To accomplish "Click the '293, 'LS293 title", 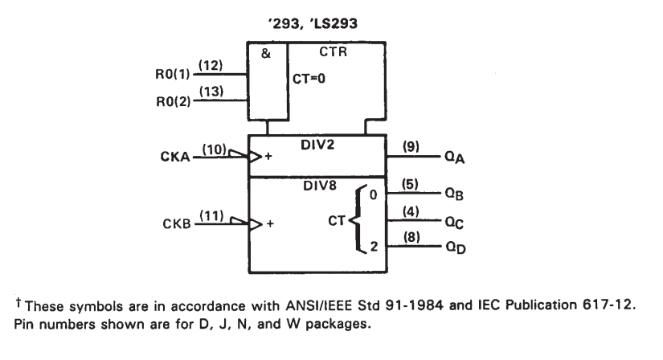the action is point(313,23).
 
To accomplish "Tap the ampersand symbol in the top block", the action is point(265,53).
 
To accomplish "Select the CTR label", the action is point(333,51).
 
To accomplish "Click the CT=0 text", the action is point(309,79).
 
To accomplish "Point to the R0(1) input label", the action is point(173,75).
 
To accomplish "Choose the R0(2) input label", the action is point(174,101).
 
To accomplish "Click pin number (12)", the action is point(211,66).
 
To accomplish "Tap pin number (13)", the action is point(211,92).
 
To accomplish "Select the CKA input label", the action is point(175,157).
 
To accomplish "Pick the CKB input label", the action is point(177,223).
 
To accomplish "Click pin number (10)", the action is point(214,149).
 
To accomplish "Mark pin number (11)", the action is point(211,215).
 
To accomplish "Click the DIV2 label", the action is point(317,145).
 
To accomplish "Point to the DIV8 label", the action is point(320,186).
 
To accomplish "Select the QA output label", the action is point(455,157).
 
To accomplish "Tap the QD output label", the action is point(456,247).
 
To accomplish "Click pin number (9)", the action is point(411,146).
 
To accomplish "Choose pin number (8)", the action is point(411,237).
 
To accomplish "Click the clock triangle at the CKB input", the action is point(256,223).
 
